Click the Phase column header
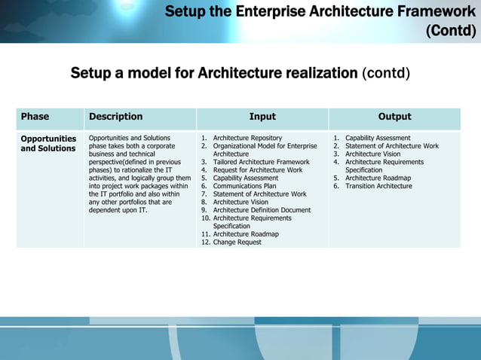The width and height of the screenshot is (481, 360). point(35,117)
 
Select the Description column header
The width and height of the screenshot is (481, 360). point(115,117)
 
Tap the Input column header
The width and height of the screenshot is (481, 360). point(262,117)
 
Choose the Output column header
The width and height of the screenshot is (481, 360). point(394,117)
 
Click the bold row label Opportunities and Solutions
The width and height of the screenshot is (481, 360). point(48,143)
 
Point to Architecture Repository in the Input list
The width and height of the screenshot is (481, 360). point(247,139)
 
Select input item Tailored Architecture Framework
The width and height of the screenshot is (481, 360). point(261,162)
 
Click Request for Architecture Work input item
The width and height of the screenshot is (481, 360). point(258,170)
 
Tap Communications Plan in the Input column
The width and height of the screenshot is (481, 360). point(244,186)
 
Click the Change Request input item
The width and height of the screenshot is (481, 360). point(237,242)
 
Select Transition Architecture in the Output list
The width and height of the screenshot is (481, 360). point(378,186)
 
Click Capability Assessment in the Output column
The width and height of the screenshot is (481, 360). point(378,139)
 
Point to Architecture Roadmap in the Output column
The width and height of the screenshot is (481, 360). point(378,178)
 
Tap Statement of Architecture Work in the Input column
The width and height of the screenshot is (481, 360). point(259,194)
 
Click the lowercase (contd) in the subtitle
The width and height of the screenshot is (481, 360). point(386,74)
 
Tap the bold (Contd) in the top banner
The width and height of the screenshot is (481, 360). point(451,31)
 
